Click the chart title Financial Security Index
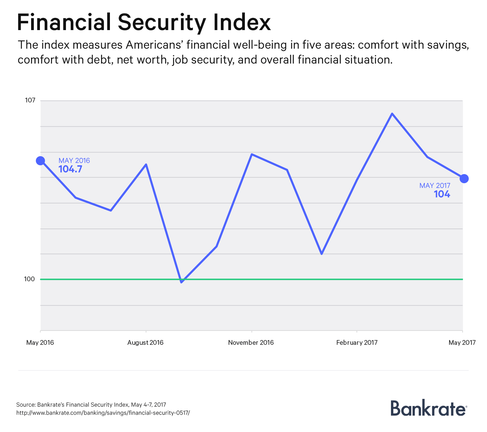(144, 23)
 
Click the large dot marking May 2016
(41, 161)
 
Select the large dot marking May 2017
(464, 178)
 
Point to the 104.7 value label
(70, 169)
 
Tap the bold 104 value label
(442, 194)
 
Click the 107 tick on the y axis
(30, 100)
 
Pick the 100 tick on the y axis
(29, 279)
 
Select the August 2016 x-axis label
(145, 342)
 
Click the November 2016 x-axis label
(251, 342)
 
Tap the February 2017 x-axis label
(357, 342)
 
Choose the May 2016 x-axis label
(40, 342)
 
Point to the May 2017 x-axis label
(462, 342)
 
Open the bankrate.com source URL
(103, 413)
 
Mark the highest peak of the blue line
(392, 114)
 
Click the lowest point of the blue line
(182, 282)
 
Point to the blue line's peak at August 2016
(146, 165)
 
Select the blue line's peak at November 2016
(252, 154)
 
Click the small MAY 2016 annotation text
(74, 161)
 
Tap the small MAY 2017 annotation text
(435, 186)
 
